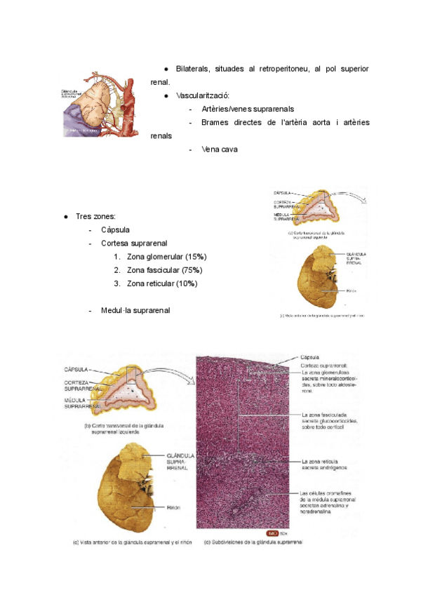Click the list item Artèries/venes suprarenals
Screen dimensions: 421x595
pos(247,109)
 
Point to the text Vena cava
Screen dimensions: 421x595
pos(220,149)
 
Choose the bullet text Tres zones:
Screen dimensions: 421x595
pos(95,216)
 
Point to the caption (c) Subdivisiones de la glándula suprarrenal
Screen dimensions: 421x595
pos(253,542)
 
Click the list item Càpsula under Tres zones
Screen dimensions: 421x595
pos(115,229)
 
